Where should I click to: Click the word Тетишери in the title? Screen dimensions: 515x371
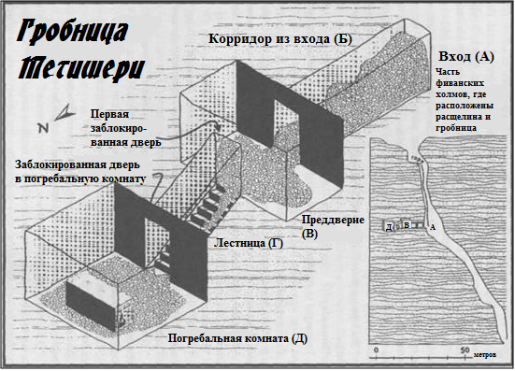tap(81, 68)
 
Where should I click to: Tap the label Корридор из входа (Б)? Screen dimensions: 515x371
tap(280, 38)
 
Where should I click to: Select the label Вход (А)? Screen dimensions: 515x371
tap(466, 56)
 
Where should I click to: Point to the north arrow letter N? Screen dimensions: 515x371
tap(43, 128)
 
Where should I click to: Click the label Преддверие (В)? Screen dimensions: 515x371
tap(333, 226)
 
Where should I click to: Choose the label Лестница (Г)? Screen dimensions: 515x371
tap(249, 243)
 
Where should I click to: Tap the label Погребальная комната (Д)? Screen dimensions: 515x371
tap(237, 338)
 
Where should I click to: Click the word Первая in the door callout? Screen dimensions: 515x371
tap(109, 115)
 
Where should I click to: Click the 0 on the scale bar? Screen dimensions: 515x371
tap(377, 350)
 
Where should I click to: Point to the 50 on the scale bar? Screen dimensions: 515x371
tap(465, 350)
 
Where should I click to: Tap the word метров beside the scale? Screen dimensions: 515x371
tap(485, 355)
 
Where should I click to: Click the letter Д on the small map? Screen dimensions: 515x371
tap(389, 227)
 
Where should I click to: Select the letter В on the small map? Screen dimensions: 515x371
tap(407, 225)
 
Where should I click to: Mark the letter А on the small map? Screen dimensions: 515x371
tap(433, 227)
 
